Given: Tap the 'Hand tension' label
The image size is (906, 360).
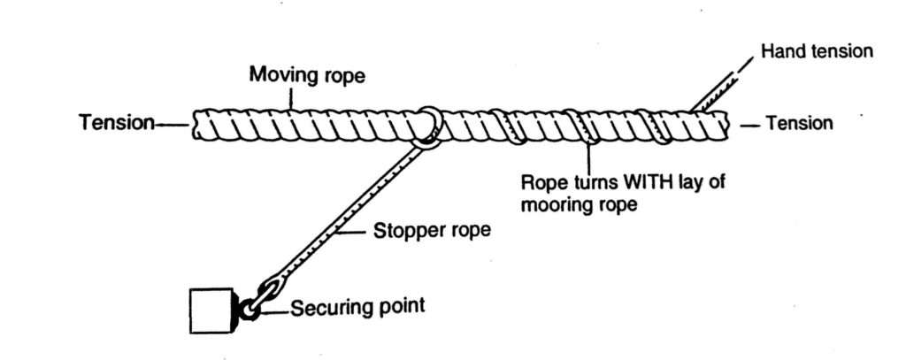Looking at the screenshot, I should click(x=817, y=51).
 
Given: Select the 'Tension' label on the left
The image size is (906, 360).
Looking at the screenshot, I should click(x=117, y=123).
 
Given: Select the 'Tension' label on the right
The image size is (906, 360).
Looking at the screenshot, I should click(x=799, y=123).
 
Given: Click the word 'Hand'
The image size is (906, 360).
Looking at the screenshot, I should click(x=781, y=51).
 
